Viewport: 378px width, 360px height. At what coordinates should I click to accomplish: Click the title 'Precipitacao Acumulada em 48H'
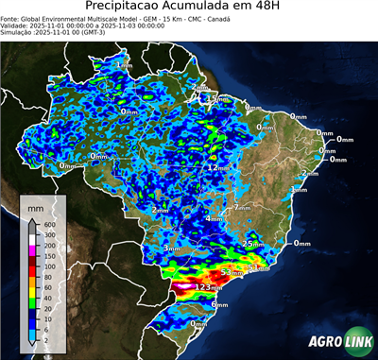pyautogui.click(x=189, y=6)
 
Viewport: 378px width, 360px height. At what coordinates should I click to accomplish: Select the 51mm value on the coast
pyautogui.click(x=257, y=268)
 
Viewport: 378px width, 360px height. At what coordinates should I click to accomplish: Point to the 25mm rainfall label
pyautogui.click(x=251, y=244)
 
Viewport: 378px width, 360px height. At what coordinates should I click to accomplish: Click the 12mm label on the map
pyautogui.click(x=218, y=167)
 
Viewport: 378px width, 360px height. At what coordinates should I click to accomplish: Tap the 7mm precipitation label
pyautogui.click(x=242, y=206)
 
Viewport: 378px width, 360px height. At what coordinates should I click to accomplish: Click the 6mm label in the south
pyautogui.click(x=219, y=305)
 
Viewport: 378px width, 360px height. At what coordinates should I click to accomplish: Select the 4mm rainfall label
pyautogui.click(x=214, y=219)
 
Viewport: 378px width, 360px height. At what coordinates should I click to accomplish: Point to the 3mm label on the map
pyautogui.click(x=171, y=249)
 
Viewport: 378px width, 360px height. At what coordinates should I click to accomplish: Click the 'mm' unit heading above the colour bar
pyautogui.click(x=35, y=205)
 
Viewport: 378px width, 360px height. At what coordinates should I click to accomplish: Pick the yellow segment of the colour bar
pyautogui.click(x=33, y=292)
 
